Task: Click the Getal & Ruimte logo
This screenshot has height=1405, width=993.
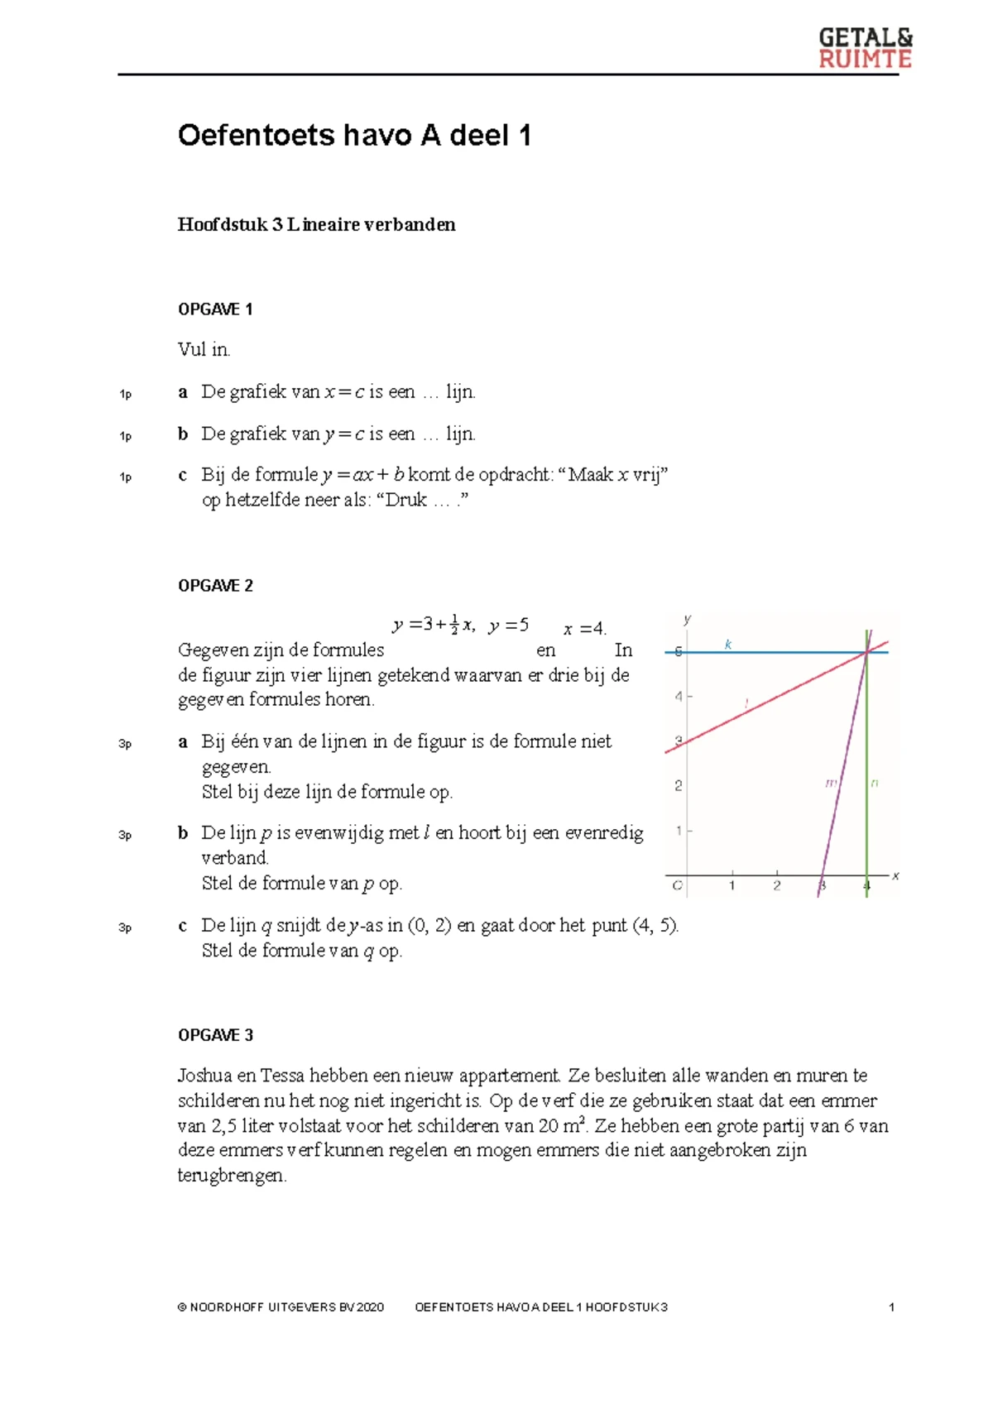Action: [x=865, y=48]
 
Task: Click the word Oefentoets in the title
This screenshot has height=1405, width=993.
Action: [x=255, y=135]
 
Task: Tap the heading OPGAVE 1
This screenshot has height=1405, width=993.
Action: [x=215, y=309]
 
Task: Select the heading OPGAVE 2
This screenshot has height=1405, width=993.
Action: [x=215, y=586]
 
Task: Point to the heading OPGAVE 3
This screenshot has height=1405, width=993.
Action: [x=215, y=1035]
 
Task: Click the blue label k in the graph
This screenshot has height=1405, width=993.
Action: [x=728, y=644]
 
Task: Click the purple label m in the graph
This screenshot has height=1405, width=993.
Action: [x=831, y=782]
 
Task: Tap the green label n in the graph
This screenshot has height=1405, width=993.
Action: [x=875, y=782]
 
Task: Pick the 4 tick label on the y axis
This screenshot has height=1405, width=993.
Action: [x=679, y=697]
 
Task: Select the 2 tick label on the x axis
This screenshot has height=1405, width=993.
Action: [x=776, y=886]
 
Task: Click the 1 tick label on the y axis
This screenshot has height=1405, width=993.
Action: [x=679, y=830]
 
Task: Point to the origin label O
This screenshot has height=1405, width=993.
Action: [x=677, y=886]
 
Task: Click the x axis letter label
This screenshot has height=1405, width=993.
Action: [x=895, y=875]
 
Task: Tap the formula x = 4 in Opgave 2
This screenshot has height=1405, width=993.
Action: [x=584, y=629]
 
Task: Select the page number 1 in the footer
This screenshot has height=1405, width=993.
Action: [x=891, y=1307]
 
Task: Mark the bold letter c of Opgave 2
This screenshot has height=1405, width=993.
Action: [x=182, y=926]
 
